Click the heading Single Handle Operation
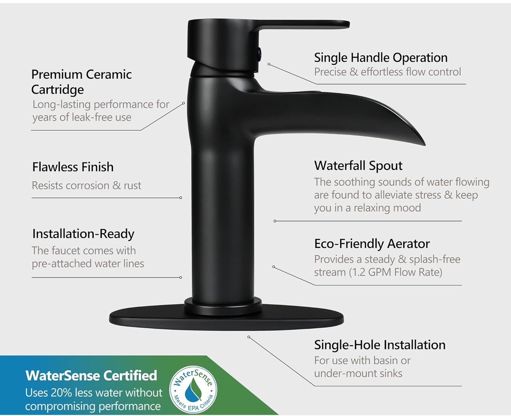[381, 58]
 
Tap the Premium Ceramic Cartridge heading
[81, 82]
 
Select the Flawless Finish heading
[73, 167]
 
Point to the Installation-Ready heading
[83, 234]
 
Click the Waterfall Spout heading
[358, 166]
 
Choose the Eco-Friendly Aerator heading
[372, 244]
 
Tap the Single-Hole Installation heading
[380, 345]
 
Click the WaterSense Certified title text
[91, 375]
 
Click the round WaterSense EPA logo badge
[193, 390]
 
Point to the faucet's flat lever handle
[302, 26]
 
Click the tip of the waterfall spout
[424, 145]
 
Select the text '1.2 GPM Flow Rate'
[396, 272]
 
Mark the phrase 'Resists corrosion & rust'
[87, 185]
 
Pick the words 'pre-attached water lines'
[88, 264]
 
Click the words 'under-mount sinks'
[358, 373]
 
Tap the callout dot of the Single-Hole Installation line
[249, 337]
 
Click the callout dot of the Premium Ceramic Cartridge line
[184, 103]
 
